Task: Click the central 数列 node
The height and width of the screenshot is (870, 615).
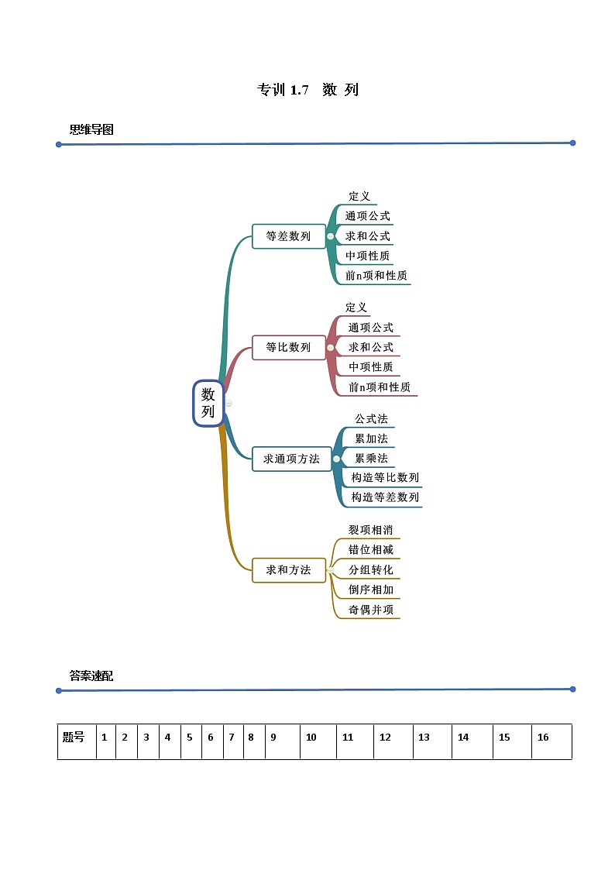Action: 208,403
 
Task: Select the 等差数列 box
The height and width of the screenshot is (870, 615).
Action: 288,236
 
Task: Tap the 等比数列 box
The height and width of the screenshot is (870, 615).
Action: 288,347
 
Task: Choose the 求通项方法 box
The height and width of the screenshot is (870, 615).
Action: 291,459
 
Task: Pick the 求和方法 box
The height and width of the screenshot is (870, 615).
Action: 288,569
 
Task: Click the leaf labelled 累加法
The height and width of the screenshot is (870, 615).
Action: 371,438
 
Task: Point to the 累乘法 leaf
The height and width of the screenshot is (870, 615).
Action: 371,458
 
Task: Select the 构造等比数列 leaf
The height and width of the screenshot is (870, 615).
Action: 385,477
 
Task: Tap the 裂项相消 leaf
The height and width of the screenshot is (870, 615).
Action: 371,530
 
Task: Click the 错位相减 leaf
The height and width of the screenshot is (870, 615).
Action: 371,549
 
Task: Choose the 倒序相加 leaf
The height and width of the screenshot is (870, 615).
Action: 371,589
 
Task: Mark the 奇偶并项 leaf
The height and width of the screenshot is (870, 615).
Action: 371,609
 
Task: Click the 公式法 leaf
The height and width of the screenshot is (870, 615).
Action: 371,419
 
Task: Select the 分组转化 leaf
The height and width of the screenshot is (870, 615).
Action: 371,569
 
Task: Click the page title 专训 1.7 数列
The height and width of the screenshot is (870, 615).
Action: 307,90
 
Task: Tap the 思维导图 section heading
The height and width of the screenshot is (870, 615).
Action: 91,129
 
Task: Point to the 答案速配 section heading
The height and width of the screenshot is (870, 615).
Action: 91,676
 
